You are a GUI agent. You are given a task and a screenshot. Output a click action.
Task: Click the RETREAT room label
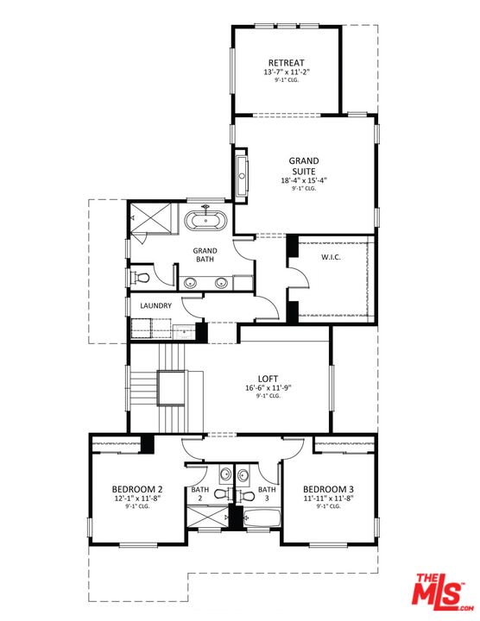[x=287, y=63]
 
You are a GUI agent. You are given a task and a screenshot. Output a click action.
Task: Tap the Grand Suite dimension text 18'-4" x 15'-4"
[x=303, y=180]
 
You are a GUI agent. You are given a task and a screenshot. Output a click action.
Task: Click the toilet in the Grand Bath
[x=142, y=277]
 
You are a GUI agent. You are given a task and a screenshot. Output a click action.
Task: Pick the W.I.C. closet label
[x=333, y=256]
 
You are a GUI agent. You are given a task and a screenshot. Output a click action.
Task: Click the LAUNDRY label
[x=155, y=305]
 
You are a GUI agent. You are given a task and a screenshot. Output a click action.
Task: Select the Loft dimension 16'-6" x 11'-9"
[x=268, y=388]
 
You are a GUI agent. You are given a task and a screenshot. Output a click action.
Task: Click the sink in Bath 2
[x=224, y=474]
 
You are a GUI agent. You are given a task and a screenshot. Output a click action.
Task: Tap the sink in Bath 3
[x=243, y=474]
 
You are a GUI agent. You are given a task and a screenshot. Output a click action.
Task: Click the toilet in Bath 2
[x=221, y=494]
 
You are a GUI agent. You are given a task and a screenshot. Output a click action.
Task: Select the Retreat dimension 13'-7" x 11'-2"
[x=287, y=73]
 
